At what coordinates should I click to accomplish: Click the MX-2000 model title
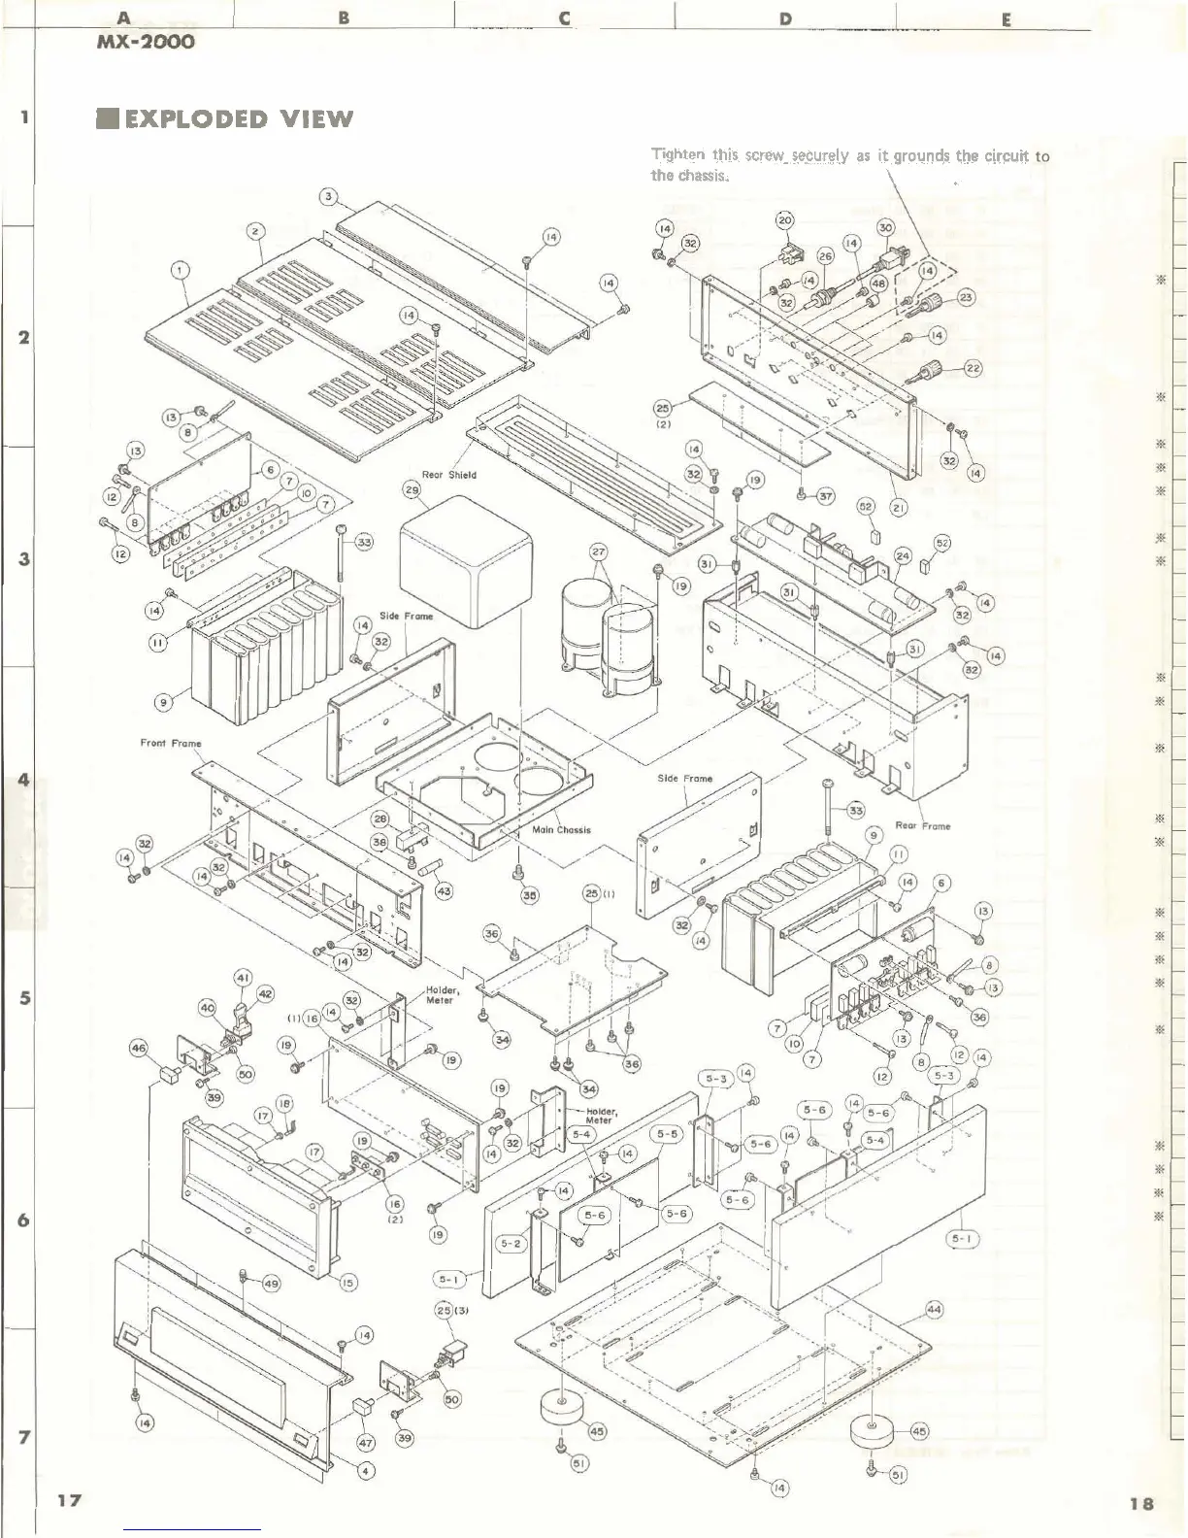coord(146,42)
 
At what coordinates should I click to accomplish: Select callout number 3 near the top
coord(328,197)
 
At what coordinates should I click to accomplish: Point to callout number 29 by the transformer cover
coord(412,490)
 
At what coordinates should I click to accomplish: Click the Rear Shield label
coord(448,475)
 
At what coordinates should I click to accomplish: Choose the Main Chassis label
coord(561,829)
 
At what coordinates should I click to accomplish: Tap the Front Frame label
coord(171,743)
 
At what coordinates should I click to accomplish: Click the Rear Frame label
coord(922,825)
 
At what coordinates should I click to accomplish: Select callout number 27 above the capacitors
coord(599,552)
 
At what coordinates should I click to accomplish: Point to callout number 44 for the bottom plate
coord(933,1310)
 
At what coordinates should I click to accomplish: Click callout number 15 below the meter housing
coord(348,1283)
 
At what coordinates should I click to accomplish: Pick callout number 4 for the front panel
coord(365,1471)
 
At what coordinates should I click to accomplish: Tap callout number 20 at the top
coord(784,220)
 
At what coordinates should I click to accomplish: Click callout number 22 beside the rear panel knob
coord(973,368)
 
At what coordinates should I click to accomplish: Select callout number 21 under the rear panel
coord(899,508)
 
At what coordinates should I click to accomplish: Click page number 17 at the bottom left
coord(68,1500)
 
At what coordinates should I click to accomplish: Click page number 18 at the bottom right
coord(1141,1502)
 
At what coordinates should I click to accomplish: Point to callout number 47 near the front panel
coord(366,1443)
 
